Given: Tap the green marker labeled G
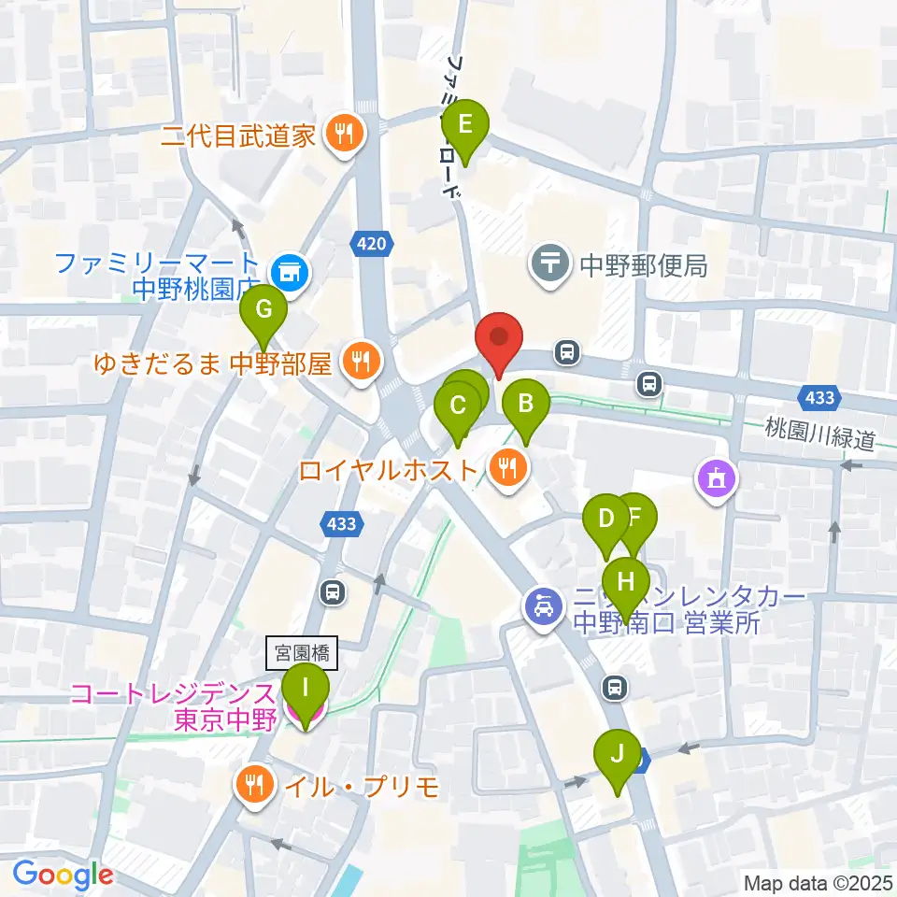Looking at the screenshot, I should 263,308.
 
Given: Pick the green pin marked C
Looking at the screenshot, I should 458,406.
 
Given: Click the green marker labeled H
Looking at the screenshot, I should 626,582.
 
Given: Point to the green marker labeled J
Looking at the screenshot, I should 617,753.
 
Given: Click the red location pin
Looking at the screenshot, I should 499,338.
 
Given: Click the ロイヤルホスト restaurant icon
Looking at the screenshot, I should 507,468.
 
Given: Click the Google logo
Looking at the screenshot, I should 63,875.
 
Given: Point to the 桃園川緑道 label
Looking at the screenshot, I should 820,435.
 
